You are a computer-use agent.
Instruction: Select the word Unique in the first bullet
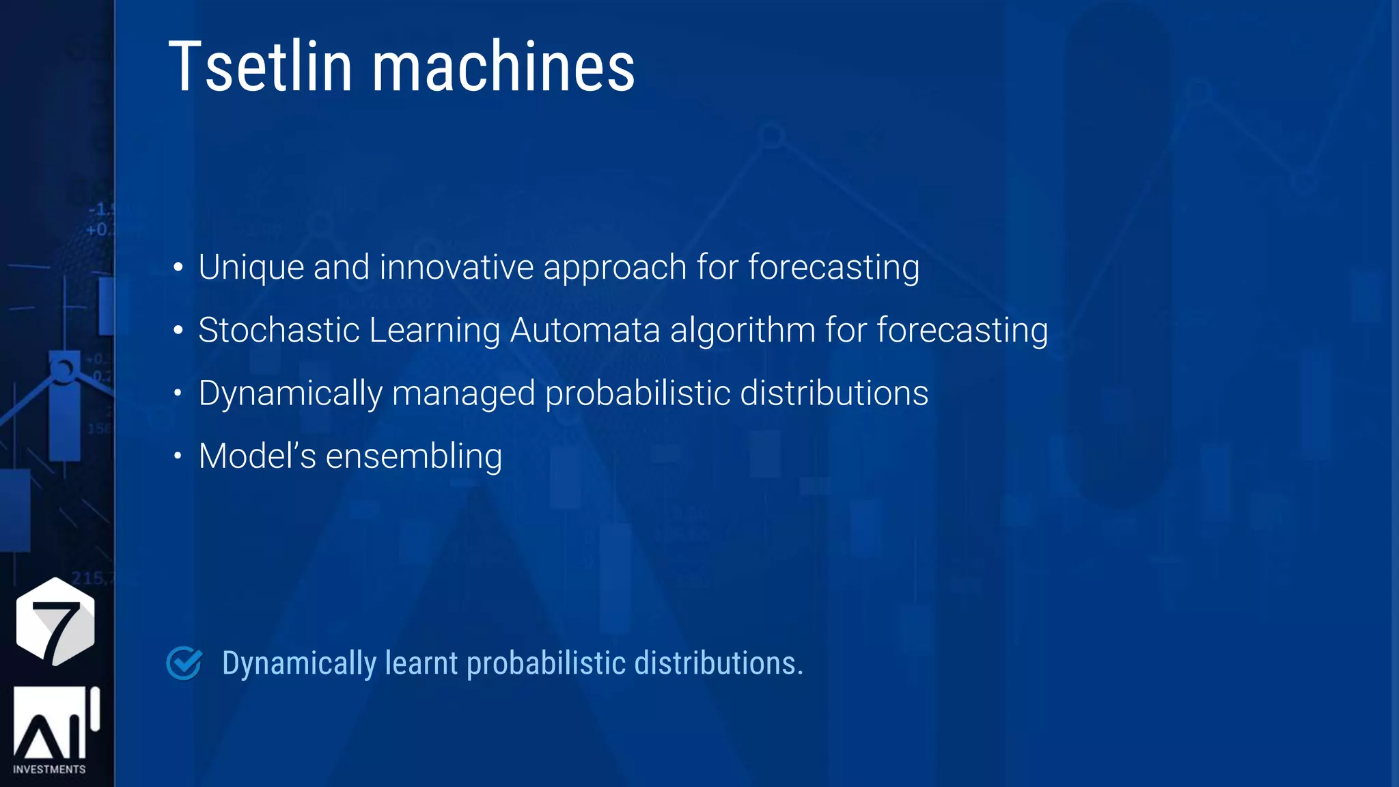pyautogui.click(x=251, y=266)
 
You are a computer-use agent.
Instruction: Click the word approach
pyautogui.click(x=615, y=268)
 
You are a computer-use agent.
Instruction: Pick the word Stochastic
pyautogui.click(x=279, y=330)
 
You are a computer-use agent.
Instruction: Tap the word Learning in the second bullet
pyautogui.click(x=434, y=331)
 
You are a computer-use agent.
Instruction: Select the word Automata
pyautogui.click(x=585, y=330)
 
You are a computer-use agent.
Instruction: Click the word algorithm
pyautogui.click(x=743, y=331)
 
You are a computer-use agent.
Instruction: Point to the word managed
pyautogui.click(x=463, y=394)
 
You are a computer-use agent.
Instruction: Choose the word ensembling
pyautogui.click(x=414, y=457)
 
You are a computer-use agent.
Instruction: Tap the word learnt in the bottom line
pyautogui.click(x=421, y=663)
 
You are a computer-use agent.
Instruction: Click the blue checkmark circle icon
pyautogui.click(x=184, y=663)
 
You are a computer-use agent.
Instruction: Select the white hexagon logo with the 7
pyautogui.click(x=55, y=621)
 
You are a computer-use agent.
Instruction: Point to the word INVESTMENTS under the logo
pyautogui.click(x=49, y=769)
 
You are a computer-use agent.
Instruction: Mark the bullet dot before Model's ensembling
pyautogui.click(x=178, y=456)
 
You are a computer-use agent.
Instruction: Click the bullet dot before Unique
pyautogui.click(x=178, y=267)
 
